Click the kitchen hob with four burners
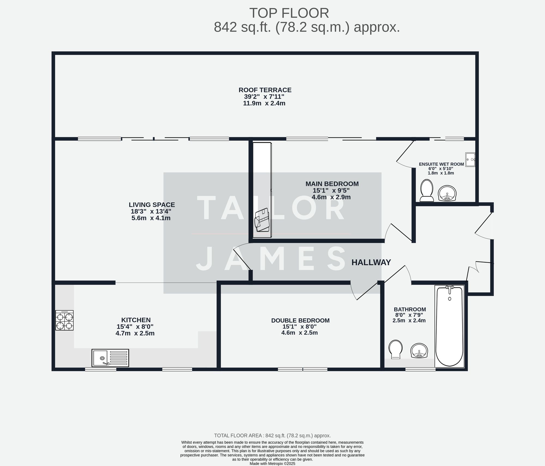64,321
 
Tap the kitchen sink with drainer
110,358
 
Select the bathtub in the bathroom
449,326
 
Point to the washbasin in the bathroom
419,351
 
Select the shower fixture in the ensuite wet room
470,160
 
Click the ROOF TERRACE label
265,90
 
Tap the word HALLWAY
371,262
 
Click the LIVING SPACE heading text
152,205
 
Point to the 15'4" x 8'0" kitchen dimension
135,327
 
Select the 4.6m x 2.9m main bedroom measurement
331,197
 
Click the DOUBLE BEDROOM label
300,321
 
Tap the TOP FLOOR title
289,13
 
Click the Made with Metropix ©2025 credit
272,464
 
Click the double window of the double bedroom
302,369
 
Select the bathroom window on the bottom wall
420,369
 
